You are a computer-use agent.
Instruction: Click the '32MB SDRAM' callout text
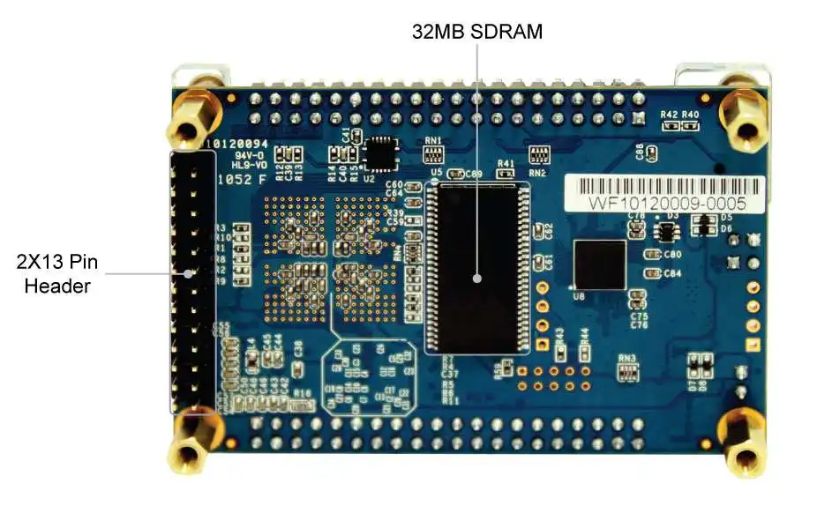coord(477,32)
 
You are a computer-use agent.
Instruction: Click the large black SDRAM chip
coord(477,265)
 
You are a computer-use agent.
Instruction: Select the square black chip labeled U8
coord(600,264)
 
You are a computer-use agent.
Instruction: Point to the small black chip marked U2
coord(381,154)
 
